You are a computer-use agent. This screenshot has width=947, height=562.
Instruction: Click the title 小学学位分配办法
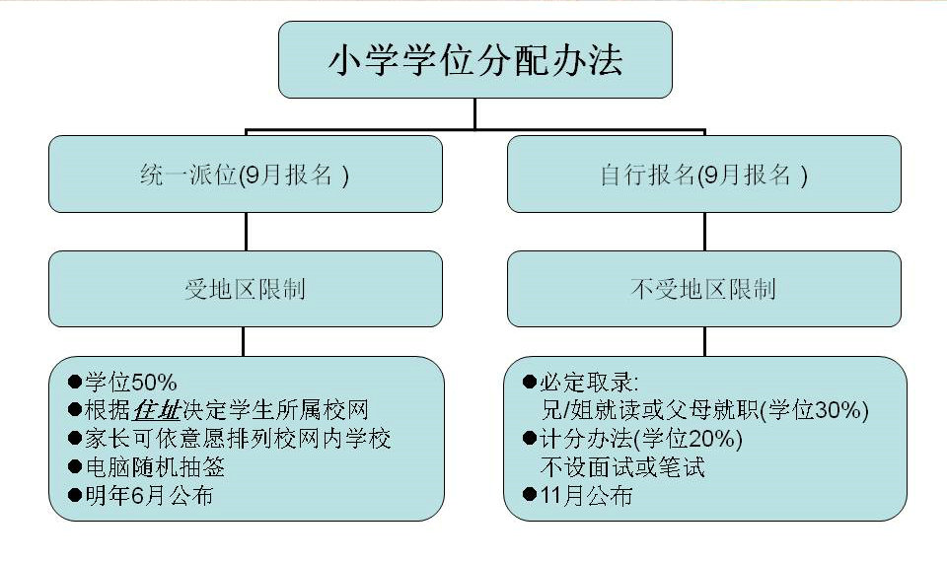point(474,61)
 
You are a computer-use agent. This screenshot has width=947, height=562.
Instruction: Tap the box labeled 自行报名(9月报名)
point(703,175)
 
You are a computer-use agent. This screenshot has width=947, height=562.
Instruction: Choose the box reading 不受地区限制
point(703,289)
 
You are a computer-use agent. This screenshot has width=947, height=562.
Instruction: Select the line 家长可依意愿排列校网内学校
point(237,438)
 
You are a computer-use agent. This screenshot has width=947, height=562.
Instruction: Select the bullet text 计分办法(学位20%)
point(640,438)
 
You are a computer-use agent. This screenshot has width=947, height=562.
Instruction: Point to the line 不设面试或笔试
point(620,466)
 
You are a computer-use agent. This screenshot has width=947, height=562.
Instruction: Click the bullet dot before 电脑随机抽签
point(74,466)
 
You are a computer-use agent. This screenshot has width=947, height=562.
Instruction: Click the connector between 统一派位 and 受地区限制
point(245,231)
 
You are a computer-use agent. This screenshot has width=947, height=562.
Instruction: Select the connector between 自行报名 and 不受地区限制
point(703,231)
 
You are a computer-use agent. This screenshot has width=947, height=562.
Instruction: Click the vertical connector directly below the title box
point(474,113)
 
